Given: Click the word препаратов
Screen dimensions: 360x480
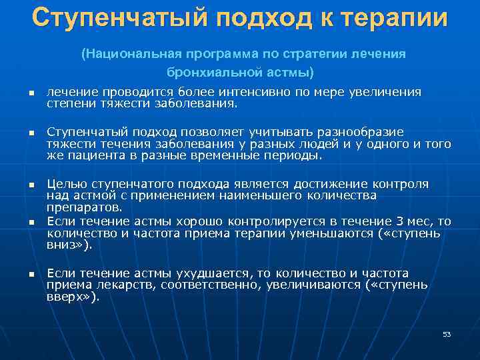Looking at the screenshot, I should [x=75, y=207].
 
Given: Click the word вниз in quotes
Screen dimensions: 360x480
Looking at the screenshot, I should [x=69, y=245].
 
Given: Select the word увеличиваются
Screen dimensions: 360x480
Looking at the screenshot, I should [x=313, y=285].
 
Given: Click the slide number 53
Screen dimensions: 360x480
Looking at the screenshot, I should [x=447, y=334].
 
